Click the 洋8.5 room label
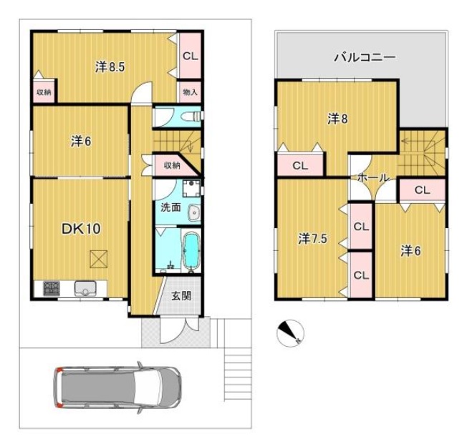pos(110,67)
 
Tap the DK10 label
pos(81,229)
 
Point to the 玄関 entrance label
pos(181,296)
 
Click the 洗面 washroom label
pos(170,207)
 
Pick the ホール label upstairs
pos(373,177)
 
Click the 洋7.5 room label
pos(313,239)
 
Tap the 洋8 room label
pos(338,119)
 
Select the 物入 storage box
pos(190,92)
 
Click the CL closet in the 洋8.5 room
pos(191,56)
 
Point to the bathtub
pos(191,250)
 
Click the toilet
pos(193,116)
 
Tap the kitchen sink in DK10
pos(85,288)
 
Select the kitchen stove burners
pos(52,288)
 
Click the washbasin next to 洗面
pos(194,213)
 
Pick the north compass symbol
pos(290,333)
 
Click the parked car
pos(117,388)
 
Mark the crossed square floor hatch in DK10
pos(99,259)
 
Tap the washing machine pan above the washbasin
pos(191,188)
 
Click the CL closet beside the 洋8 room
pos(300,165)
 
